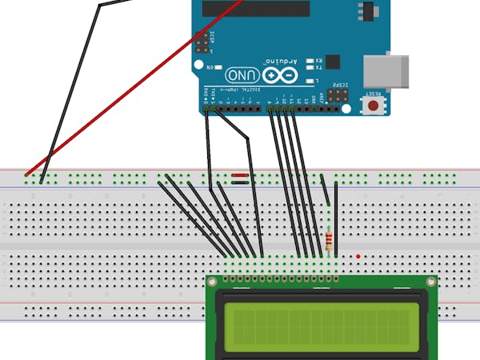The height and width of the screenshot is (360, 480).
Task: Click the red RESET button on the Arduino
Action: click(374, 107)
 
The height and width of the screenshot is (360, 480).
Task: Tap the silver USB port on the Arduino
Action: click(386, 71)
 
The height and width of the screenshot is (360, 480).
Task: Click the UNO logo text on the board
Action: click(242, 74)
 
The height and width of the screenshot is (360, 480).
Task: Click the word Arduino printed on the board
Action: click(282, 60)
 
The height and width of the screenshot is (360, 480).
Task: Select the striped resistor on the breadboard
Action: click(330, 238)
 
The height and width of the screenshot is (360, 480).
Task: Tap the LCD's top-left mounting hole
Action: click(213, 282)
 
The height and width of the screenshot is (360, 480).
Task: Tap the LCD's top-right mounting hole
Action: click(432, 282)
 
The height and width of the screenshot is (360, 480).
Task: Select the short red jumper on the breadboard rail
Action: click(240, 174)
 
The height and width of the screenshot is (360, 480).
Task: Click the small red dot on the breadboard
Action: click(358, 256)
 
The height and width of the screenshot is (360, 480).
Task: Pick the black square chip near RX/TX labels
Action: click(332, 61)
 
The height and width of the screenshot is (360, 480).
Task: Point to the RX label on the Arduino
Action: click(318, 60)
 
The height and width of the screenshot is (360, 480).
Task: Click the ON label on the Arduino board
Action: click(211, 68)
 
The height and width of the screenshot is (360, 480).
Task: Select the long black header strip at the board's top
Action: click(256, 8)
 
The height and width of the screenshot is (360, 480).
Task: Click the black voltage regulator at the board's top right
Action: click(368, 12)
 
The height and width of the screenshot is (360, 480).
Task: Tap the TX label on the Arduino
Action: click(318, 67)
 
